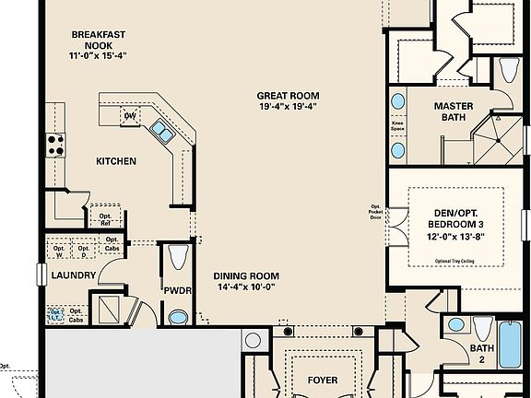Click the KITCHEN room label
tap(116, 161)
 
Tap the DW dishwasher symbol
tap(130, 115)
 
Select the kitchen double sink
tap(162, 133)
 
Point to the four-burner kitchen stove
tap(54, 143)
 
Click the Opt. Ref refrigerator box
tap(106, 217)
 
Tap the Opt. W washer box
tap(60, 250)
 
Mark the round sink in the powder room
tap(178, 317)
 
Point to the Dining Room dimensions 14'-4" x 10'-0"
tap(245, 287)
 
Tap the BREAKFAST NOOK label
tap(100, 41)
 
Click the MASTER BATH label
tap(454, 111)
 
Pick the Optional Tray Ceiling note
tap(455, 262)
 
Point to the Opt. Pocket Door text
tap(375, 215)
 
